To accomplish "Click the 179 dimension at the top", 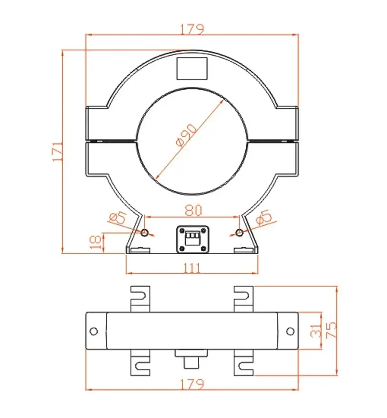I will click(x=192, y=29).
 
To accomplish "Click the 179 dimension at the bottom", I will click(x=192, y=384).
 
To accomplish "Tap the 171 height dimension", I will click(x=57, y=151).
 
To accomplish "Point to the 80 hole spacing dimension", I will click(x=192, y=210).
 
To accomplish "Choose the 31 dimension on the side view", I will click(x=314, y=331).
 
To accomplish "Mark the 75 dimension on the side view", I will click(x=330, y=331).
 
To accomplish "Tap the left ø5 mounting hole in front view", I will click(x=145, y=233).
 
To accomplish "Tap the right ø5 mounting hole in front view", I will click(x=239, y=233).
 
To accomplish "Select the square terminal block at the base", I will click(x=192, y=238).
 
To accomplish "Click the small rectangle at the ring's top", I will click(x=192, y=69).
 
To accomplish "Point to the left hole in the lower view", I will click(x=94, y=331).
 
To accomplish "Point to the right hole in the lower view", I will click(x=290, y=331).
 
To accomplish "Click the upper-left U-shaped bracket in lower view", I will click(x=140, y=297).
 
